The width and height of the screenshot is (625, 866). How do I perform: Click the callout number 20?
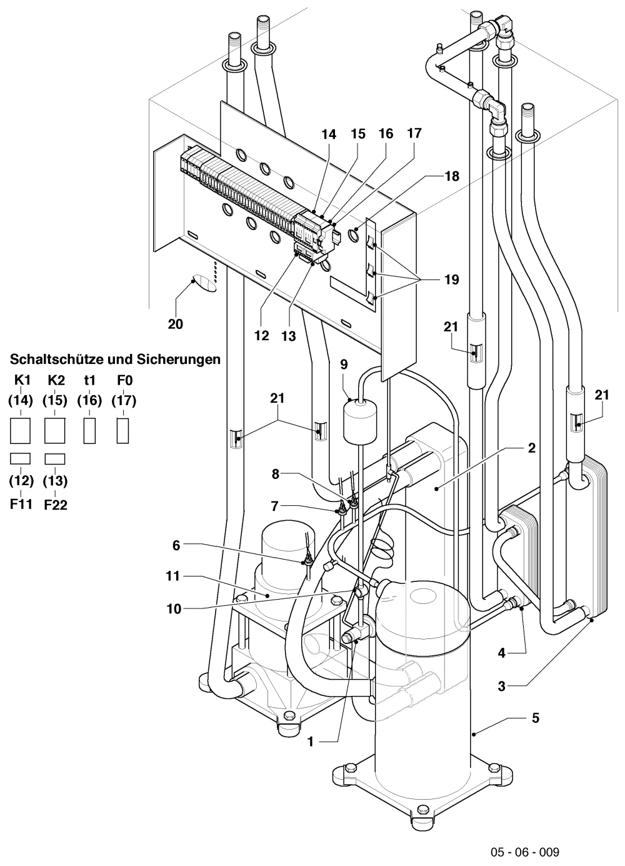(175, 324)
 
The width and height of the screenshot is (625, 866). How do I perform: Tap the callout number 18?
(452, 176)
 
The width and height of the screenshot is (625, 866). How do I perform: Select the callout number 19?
(451, 279)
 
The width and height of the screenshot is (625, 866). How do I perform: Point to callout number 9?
(344, 365)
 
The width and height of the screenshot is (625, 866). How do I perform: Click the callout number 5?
(536, 718)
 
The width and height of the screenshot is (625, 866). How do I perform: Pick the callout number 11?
(172, 576)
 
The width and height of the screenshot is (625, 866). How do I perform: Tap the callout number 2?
(532, 448)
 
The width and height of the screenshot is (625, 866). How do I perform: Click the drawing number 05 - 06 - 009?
(525, 849)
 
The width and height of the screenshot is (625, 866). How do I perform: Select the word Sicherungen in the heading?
(179, 359)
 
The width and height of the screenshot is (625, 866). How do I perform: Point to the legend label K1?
(22, 380)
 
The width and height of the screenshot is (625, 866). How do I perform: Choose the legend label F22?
(56, 505)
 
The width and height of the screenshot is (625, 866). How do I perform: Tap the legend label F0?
(125, 380)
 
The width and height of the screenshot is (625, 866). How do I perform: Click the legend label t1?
(89, 380)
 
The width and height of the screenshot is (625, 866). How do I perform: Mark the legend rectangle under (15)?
(55, 430)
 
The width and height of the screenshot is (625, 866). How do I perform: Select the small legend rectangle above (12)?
(20, 459)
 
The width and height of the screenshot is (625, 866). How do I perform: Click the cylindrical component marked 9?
(360, 422)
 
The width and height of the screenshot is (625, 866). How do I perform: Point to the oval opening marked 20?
(204, 283)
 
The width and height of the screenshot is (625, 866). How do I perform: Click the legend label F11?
(21, 505)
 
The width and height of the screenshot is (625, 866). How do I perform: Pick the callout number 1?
(310, 742)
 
